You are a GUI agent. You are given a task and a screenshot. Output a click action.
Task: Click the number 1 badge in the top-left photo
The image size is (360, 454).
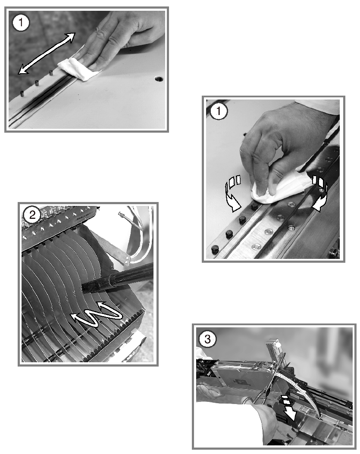click(x=21, y=23)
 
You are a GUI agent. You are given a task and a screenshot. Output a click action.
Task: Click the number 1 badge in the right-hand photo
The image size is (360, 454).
click(x=219, y=111)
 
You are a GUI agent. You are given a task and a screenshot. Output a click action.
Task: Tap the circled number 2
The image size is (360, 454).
click(x=32, y=215)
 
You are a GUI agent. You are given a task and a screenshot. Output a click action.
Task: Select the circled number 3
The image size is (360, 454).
click(x=207, y=339)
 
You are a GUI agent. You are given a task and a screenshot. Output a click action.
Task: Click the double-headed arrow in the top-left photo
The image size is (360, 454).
click(x=47, y=53)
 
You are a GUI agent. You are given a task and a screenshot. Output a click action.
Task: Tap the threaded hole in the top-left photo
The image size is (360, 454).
click(x=159, y=78)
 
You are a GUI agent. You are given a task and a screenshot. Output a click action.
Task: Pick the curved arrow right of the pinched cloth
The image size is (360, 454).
click(x=320, y=193)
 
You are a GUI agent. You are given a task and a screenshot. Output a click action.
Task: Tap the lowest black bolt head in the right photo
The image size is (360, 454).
click(x=216, y=249)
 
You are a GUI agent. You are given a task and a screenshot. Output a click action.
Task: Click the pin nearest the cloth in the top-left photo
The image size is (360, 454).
click(x=51, y=73)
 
